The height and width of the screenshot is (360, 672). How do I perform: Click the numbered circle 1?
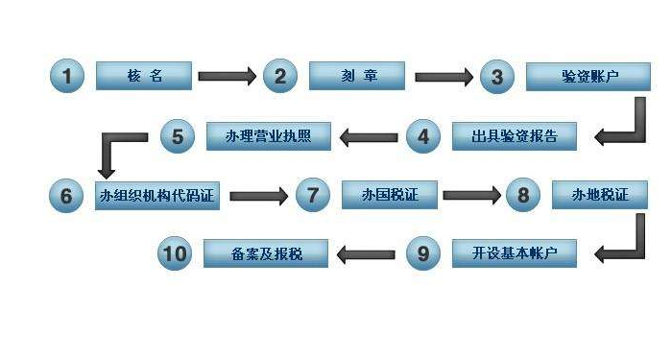67,76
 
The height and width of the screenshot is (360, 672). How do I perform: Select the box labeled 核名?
144,76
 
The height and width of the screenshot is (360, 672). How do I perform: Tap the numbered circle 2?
279,76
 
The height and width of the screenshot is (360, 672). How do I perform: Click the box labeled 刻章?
357,76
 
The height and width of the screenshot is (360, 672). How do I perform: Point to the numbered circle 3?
496,77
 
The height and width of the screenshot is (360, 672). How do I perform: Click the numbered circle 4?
422,136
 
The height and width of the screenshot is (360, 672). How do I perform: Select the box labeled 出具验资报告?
516,136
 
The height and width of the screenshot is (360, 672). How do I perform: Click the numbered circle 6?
66,196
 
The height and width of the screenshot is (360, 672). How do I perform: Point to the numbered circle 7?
312,196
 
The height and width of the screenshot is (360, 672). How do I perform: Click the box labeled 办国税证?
390,196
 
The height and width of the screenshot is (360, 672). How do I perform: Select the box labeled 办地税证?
601,196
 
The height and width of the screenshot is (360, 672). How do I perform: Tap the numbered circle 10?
175,253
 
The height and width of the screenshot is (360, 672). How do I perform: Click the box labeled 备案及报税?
267,253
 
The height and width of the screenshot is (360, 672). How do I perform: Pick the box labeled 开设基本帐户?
515,253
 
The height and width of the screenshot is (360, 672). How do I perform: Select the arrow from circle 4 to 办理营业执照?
370,136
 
